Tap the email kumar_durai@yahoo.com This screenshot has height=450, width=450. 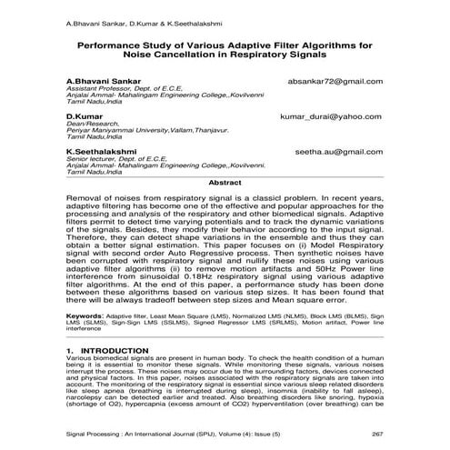[x=332, y=117]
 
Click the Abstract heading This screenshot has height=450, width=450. [x=225, y=183]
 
